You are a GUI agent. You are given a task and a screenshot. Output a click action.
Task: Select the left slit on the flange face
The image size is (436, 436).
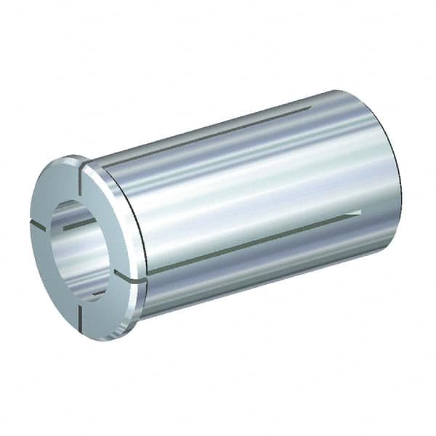pos(38,225)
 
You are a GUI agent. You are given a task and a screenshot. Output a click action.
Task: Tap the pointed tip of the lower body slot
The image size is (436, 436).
pos(359,212)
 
